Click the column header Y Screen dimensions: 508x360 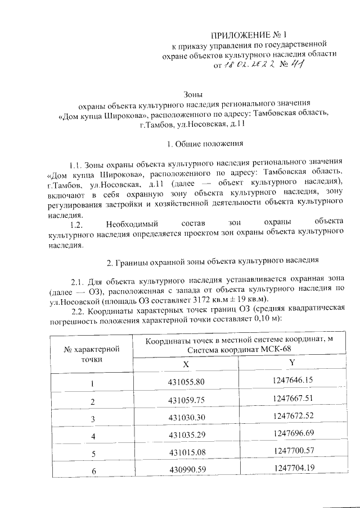coord(291,363)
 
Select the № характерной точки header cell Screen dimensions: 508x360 coord(92,354)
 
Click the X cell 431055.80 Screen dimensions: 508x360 coord(185,383)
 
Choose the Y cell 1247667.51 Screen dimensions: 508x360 coord(292,399)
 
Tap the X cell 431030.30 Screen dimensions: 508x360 coord(185,419)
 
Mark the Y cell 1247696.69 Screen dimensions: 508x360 coord(292,434)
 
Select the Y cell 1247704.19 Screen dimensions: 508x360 coord(292,468)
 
